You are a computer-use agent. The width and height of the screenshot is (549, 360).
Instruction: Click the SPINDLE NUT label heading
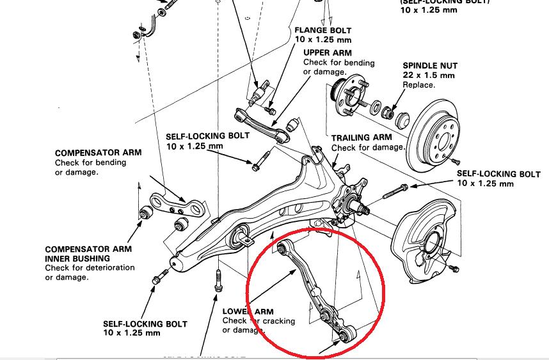pyautogui.click(x=430, y=65)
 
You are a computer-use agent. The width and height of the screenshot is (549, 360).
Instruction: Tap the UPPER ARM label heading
pyautogui.click(x=328, y=52)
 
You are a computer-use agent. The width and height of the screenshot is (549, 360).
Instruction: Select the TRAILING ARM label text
pyautogui.click(x=362, y=137)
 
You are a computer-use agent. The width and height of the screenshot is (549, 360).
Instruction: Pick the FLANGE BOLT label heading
pyautogui.click(x=323, y=30)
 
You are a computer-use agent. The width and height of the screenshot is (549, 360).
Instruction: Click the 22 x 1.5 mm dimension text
pyautogui.click(x=428, y=75)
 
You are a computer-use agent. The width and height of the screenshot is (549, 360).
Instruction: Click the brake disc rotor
pyautogui.click(x=441, y=134)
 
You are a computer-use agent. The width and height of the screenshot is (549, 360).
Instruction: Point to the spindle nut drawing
pyautogui.click(x=387, y=113)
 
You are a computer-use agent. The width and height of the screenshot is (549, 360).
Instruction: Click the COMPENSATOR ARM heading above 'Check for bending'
pyautogui.click(x=99, y=153)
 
